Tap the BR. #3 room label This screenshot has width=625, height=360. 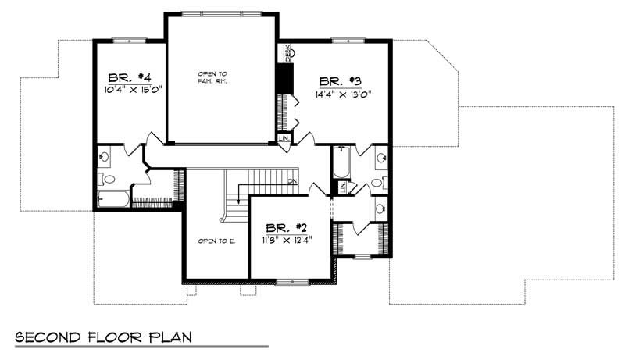(x=339, y=80)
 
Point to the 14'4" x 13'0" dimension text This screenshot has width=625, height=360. (x=343, y=93)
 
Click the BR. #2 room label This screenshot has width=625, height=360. (x=286, y=227)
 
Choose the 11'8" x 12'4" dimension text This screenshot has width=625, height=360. (x=287, y=240)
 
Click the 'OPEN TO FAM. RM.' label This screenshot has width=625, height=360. (x=212, y=77)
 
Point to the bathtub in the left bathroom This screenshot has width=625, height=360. (x=114, y=200)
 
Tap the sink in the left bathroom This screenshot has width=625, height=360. (x=104, y=156)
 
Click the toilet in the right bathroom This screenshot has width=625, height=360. (x=377, y=183)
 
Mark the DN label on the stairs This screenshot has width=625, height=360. (x=289, y=182)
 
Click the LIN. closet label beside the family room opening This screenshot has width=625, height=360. (x=284, y=139)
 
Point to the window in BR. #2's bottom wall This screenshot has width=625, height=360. (x=292, y=282)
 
